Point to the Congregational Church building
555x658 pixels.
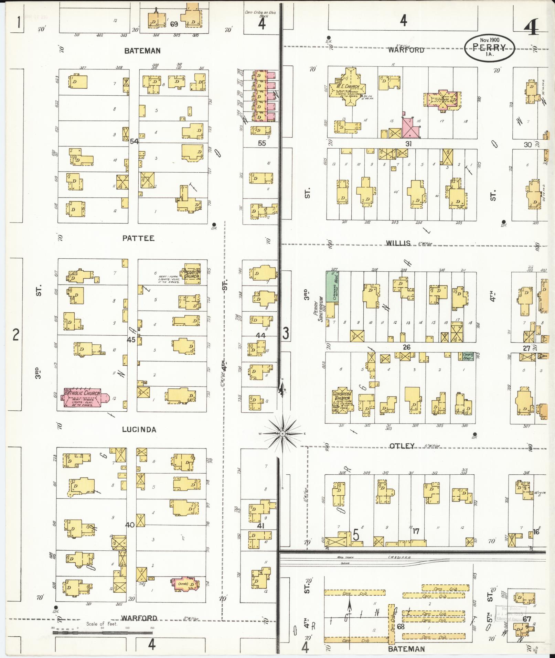tap(341, 400)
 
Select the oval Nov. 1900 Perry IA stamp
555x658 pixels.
tap(490, 48)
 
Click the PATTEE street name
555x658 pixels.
tap(138, 238)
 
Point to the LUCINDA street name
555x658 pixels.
tap(139, 429)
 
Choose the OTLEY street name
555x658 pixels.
tap(402, 446)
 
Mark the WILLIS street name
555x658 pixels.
tap(398, 243)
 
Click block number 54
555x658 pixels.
tap(134, 141)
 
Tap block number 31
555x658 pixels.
tap(408, 144)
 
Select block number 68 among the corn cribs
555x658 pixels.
tap(401, 626)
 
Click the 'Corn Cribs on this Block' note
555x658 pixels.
tap(260, 15)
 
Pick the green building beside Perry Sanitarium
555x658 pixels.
tap(332, 287)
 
